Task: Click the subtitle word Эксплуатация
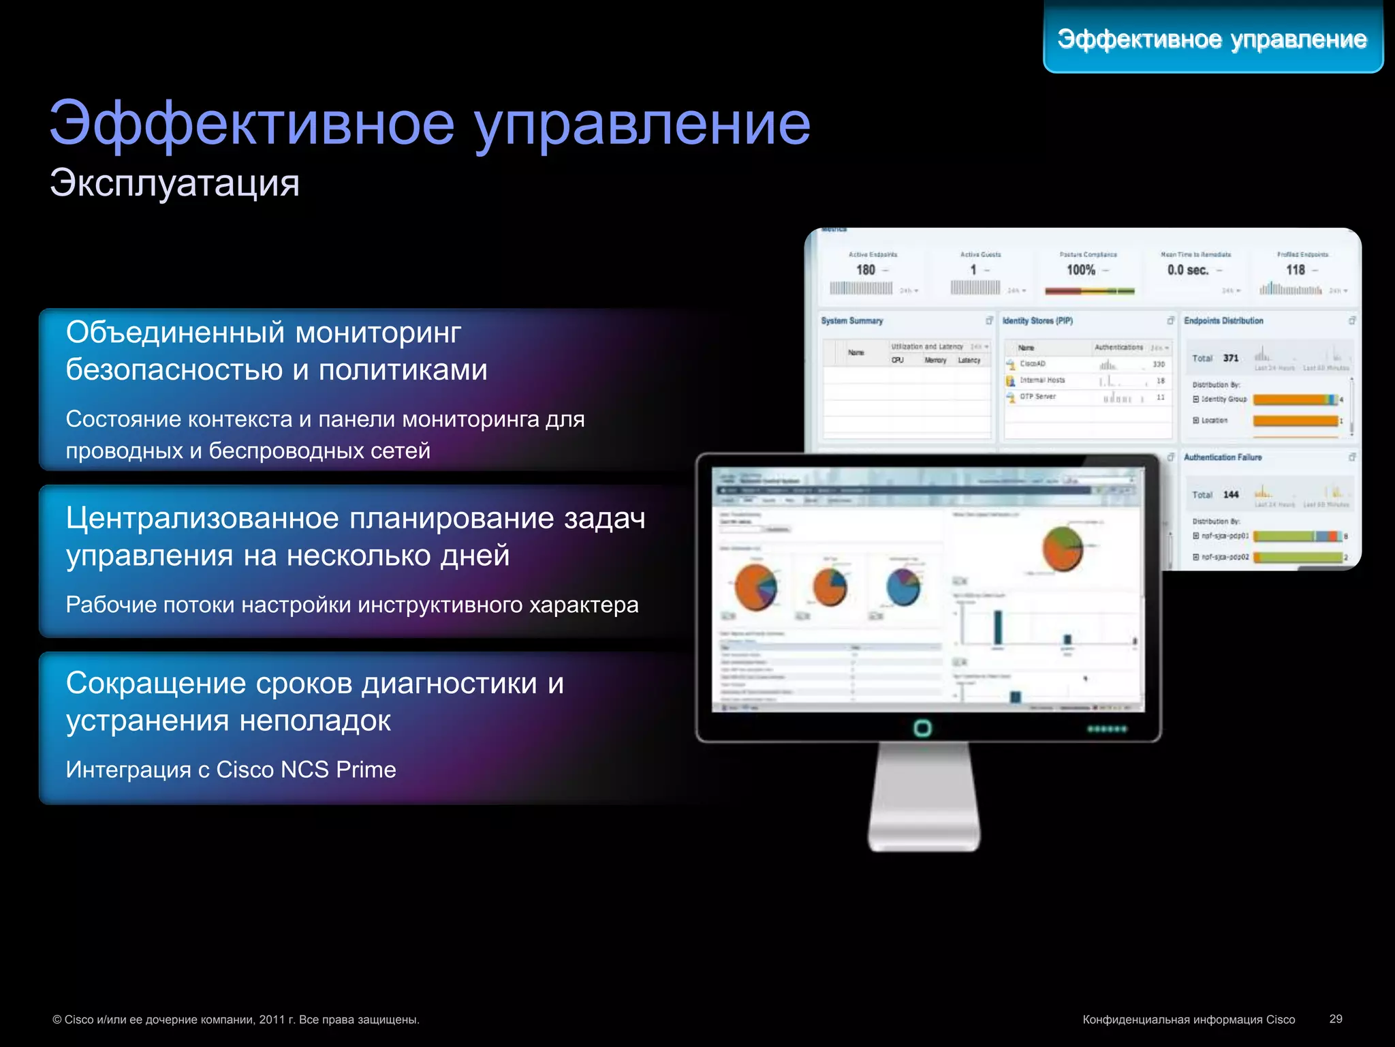coord(174,183)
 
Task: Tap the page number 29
coord(1335,1019)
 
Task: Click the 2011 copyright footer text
coord(236,1020)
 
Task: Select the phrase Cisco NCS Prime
coord(306,770)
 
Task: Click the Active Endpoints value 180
coord(866,270)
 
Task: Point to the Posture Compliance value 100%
coord(1081,270)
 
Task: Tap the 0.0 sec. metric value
coord(1187,270)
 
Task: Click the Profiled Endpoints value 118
coord(1295,270)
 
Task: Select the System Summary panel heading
coord(851,321)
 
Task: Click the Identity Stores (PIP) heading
coord(1037,321)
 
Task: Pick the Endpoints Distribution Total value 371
coord(1230,359)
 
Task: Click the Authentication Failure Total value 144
coord(1230,495)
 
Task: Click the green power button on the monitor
coord(922,728)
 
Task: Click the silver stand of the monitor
coord(924,798)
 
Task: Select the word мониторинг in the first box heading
coord(378,333)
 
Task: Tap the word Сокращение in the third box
coord(156,683)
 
